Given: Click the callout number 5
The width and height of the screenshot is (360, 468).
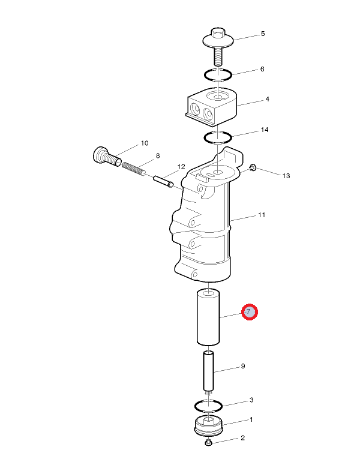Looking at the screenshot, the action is point(263,34).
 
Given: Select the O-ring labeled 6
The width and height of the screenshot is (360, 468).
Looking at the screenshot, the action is point(218,74).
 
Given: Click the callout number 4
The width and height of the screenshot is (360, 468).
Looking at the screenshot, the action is point(267,99).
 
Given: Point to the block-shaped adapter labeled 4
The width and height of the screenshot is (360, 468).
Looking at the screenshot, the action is point(212,106).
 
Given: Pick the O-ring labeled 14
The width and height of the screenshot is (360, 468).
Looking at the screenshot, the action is point(218,137).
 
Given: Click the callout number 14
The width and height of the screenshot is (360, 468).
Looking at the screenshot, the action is point(265,130).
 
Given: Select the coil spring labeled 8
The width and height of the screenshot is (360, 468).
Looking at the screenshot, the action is point(133,169).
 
